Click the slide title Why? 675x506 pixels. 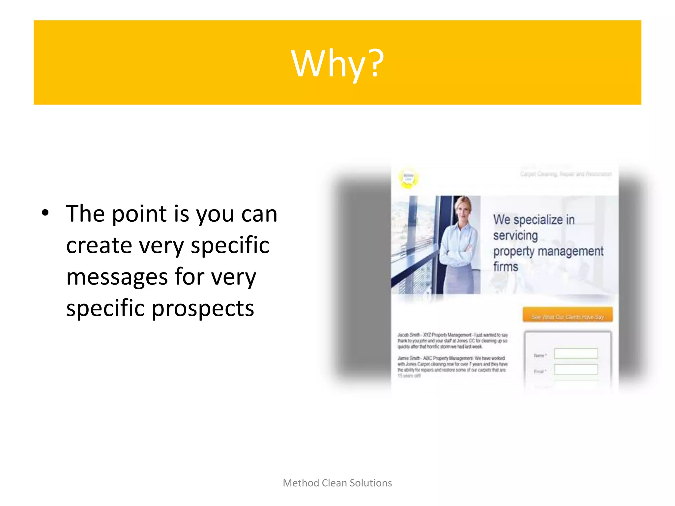[x=337, y=63]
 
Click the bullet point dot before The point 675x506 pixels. [x=45, y=213]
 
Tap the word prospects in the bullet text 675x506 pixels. [x=203, y=308]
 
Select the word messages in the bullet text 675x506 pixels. [x=117, y=277]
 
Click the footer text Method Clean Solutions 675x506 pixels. [x=337, y=483]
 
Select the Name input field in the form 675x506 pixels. [x=576, y=353]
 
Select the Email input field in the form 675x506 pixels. [x=576, y=370]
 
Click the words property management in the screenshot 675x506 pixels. [x=548, y=251]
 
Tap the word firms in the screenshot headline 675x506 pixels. [x=506, y=267]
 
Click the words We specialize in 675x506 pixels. [x=534, y=220]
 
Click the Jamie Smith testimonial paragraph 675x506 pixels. [x=452, y=366]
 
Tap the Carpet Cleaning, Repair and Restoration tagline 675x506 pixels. [x=566, y=174]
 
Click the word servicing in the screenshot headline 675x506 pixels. [x=515, y=236]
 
